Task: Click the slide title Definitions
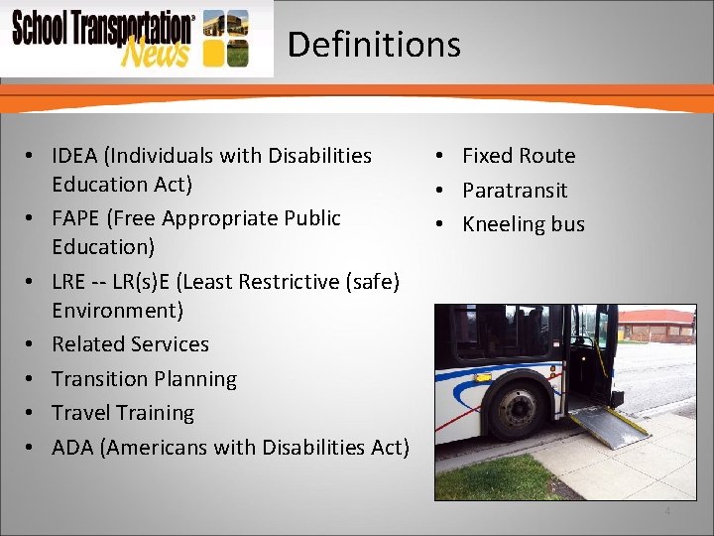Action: (374, 45)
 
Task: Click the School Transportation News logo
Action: (129, 39)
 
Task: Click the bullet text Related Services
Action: (130, 344)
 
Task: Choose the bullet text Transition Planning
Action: (144, 379)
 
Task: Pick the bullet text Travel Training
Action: (123, 413)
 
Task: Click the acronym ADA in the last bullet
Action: (72, 448)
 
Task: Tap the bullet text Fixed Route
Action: (519, 156)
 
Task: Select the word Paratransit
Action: (515, 190)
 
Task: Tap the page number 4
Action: (667, 511)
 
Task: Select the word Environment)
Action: (117, 311)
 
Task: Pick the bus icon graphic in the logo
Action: (226, 38)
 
